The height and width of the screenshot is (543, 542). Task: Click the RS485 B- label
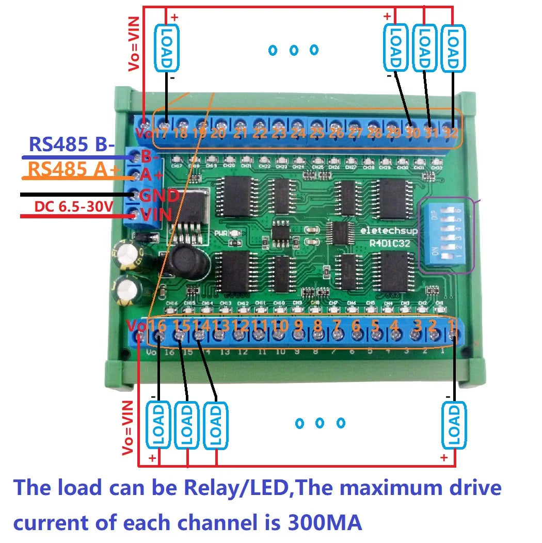pyautogui.click(x=72, y=145)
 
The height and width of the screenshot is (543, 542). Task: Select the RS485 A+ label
pyautogui.click(x=72, y=169)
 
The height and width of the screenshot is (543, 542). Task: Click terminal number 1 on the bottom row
pyautogui.click(x=451, y=326)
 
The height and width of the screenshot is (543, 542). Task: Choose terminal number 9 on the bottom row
pyautogui.click(x=298, y=326)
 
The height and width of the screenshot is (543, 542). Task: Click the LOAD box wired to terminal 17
pyautogui.click(x=167, y=49)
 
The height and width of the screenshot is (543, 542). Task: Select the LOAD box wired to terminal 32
pyautogui.click(x=452, y=48)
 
